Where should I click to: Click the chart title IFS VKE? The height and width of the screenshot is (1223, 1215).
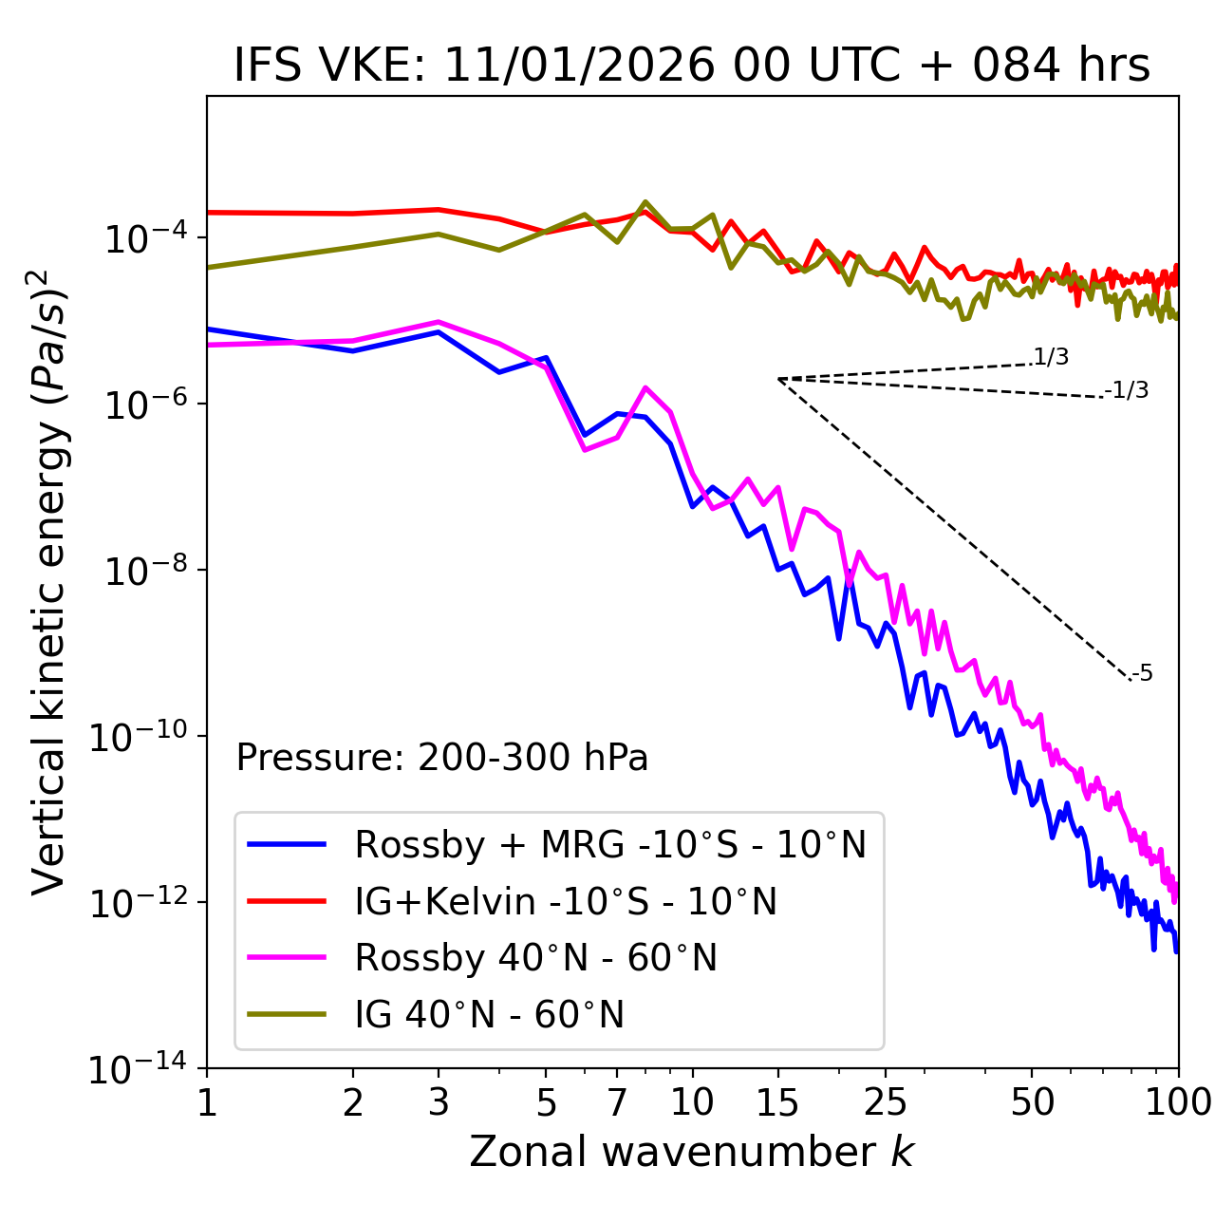pos(692,66)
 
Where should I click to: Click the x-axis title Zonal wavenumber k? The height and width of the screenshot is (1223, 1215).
pos(692,1152)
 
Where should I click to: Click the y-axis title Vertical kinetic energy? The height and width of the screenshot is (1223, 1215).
pos(48,581)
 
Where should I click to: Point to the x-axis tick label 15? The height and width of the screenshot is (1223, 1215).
pos(777,1102)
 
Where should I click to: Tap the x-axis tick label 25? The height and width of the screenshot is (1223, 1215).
pos(886,1102)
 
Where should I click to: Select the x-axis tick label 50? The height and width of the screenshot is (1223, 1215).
pos(1033,1102)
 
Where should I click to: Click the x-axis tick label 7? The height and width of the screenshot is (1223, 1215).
pos(617,1102)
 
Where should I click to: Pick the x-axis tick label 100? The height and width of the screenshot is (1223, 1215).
pos(1177,1102)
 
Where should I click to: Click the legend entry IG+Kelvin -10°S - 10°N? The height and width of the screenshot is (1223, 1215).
pos(566,901)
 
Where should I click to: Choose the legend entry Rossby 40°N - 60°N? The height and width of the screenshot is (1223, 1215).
pos(535,958)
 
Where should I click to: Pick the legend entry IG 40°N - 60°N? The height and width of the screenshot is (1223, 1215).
pos(490,1015)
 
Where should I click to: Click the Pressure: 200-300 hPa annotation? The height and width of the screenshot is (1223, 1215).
pos(442,758)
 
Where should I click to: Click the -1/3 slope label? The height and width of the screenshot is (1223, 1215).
pos(1128,390)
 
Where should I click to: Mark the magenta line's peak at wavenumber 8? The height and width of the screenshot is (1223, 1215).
pos(645,387)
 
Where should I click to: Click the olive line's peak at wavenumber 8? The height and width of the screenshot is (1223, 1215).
pos(645,202)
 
